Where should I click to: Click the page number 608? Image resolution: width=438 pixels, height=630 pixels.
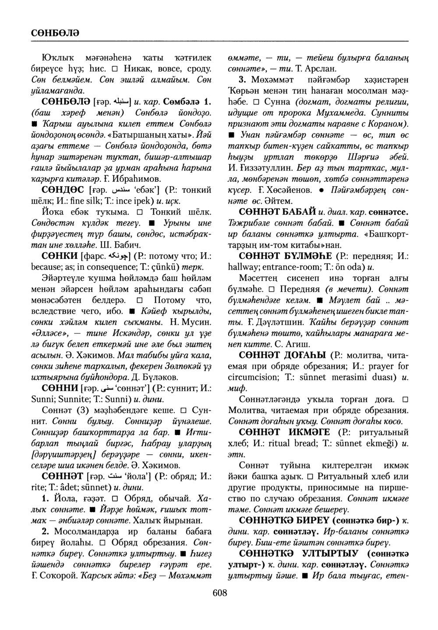[219, 593]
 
